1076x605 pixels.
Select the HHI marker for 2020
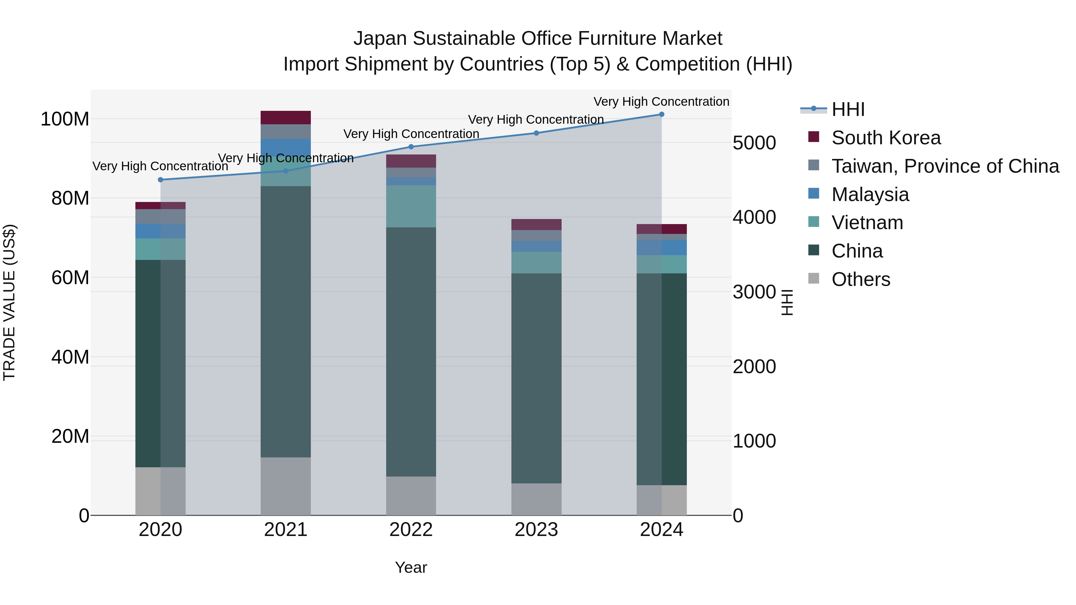(161, 180)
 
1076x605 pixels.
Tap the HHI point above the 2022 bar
(411, 147)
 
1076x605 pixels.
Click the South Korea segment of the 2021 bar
(286, 117)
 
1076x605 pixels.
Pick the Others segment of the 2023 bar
(536, 499)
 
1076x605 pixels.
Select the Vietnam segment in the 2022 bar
(411, 206)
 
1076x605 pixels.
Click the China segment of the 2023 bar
(536, 378)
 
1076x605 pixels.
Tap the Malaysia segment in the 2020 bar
(161, 231)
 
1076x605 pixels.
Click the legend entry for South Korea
(886, 138)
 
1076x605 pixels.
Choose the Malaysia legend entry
(870, 194)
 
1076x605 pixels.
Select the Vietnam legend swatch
(814, 222)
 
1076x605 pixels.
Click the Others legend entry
(861, 279)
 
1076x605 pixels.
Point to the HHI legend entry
(848, 109)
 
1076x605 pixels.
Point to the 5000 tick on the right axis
(754, 143)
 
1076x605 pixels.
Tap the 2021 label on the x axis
(286, 530)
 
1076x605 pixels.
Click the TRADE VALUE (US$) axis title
(9, 302)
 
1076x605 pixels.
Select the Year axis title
(411, 567)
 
